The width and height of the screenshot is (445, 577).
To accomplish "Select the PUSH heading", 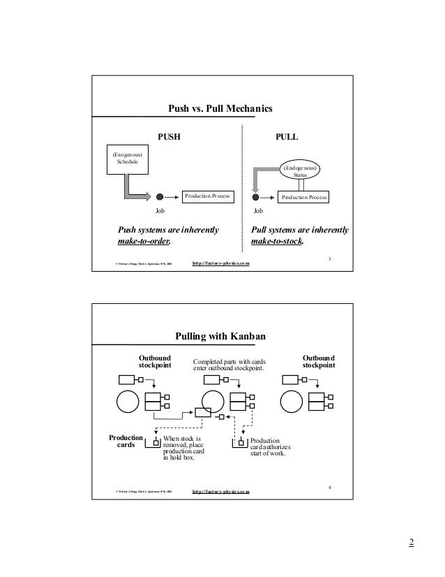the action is (x=167, y=138).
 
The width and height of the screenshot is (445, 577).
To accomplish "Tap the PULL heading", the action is (x=287, y=138).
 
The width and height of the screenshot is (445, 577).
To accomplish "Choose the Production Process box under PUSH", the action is (x=206, y=196).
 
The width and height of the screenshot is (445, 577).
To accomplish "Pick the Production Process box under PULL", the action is (x=303, y=198).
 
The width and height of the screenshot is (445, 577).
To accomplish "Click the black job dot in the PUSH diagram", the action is (x=160, y=197).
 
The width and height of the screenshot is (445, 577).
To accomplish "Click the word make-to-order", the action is (x=143, y=242).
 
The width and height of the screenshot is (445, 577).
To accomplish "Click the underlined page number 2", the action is (x=412, y=544).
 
